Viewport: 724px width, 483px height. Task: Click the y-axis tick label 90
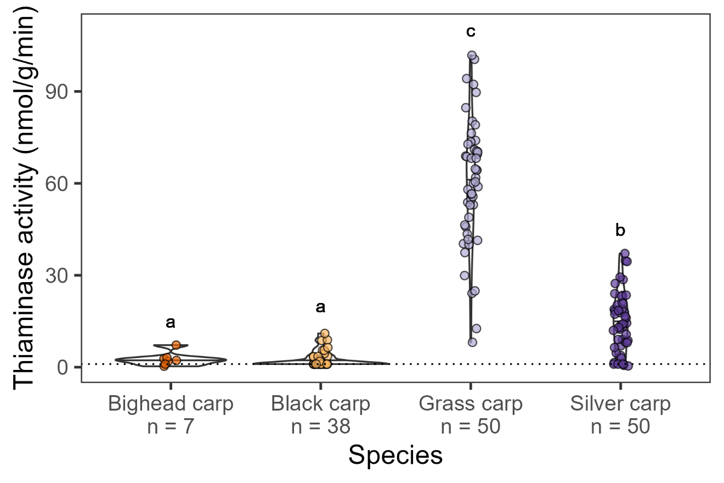coord(62,92)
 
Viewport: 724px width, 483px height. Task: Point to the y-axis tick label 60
coord(62,183)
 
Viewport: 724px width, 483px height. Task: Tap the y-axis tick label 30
coord(62,275)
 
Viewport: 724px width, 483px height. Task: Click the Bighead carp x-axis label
coord(171,404)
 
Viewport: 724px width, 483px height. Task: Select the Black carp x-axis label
coord(320,404)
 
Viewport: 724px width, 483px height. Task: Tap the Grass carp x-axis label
coord(471,404)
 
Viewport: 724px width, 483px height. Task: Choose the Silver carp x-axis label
coord(620,404)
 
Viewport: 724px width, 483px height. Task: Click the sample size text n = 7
coord(171,426)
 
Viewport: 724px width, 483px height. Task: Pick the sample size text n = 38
coord(320,426)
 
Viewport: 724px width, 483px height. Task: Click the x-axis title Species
coord(395,456)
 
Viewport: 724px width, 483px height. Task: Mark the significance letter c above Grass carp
coord(471,31)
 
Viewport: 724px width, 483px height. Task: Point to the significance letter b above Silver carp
coord(620,230)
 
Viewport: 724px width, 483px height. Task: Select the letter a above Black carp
coord(320,307)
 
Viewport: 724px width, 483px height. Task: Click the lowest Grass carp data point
coord(472,342)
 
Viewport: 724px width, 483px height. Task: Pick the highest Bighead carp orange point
coord(176,345)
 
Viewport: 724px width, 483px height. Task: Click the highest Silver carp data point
coord(624,254)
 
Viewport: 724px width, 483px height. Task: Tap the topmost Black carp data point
coord(325,333)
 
